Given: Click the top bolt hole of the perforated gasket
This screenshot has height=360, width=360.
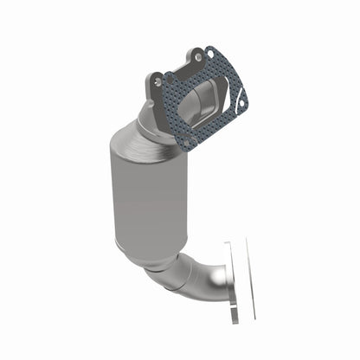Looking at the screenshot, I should (201, 58).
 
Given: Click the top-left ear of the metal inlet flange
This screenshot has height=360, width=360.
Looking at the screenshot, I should (151, 76).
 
